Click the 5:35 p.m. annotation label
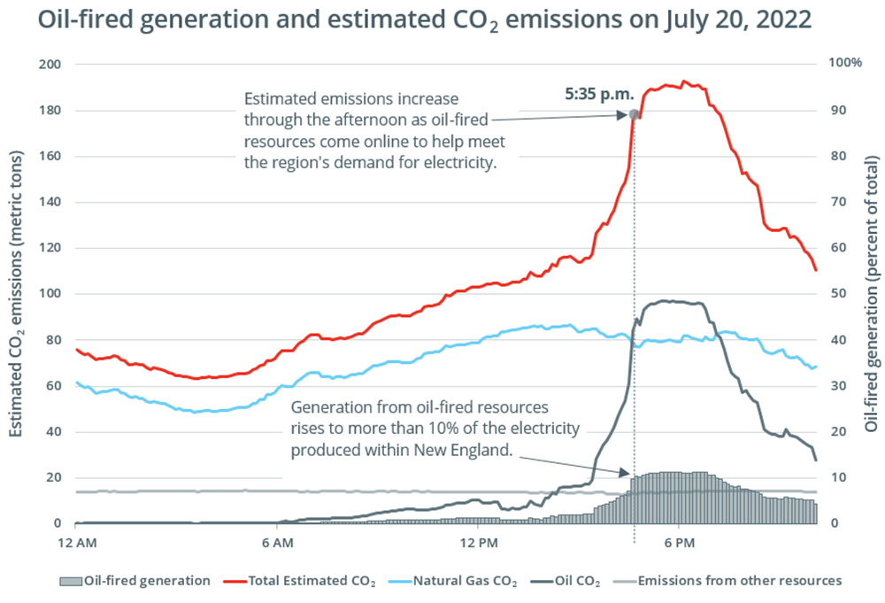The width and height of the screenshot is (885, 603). pos(594,91)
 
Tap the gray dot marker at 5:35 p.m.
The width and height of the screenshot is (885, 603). pos(635,114)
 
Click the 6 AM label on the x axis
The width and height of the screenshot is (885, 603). pos(277,541)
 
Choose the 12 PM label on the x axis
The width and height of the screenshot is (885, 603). pos(478,541)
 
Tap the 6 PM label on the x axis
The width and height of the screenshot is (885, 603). pos(679,541)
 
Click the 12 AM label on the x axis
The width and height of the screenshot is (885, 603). pos(76,541)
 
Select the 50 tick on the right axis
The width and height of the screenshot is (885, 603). pos(837,294)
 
